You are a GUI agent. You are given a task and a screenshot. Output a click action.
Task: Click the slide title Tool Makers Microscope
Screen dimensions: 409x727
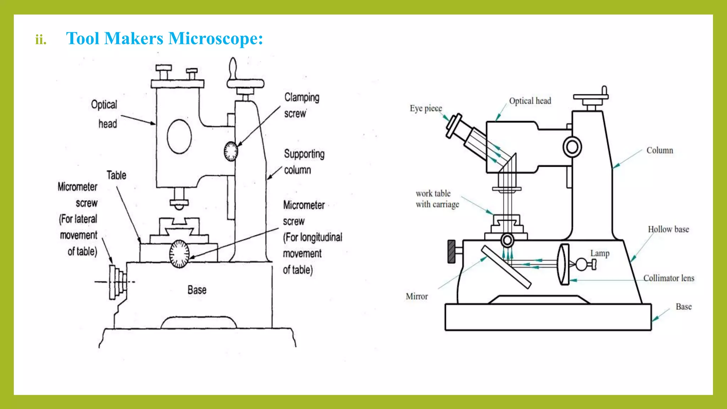pos(164,38)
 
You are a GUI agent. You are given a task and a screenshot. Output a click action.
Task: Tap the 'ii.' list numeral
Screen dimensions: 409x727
pos(41,39)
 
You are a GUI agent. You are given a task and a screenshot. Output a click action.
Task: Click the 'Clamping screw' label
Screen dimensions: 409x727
pos(301,105)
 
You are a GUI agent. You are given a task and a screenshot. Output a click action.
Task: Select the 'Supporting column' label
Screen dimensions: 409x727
pos(304,162)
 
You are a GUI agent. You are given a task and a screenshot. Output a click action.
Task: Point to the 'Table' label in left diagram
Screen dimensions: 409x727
pos(116,175)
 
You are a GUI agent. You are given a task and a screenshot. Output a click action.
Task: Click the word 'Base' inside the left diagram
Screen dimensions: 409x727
pos(197,290)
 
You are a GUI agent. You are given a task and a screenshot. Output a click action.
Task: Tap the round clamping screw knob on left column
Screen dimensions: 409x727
pos(231,151)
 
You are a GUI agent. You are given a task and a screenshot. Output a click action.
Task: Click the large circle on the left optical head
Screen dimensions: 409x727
pos(179,137)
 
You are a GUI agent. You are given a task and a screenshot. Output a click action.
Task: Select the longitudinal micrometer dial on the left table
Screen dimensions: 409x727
pos(179,254)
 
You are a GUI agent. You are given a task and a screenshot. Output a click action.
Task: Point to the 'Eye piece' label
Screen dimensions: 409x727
pos(426,108)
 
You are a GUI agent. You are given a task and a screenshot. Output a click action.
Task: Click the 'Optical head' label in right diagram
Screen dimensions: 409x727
pos(530,101)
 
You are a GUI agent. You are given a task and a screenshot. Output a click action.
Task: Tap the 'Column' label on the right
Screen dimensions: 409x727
pos(660,150)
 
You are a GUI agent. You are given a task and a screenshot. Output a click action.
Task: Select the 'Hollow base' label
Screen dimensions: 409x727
pos(668,229)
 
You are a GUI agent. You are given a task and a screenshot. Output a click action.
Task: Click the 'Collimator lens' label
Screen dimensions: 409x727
pos(668,278)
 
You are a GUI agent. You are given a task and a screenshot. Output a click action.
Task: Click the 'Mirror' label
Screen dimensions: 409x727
pos(417,296)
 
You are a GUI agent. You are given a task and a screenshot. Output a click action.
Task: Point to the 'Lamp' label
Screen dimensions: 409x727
pos(600,253)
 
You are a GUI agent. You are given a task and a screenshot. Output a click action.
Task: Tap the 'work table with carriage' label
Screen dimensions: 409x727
pos(437,199)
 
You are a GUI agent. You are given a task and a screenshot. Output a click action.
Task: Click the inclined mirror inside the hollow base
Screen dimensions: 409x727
pos(506,267)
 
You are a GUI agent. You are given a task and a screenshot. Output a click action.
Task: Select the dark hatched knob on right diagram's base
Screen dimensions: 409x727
pos(452,251)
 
